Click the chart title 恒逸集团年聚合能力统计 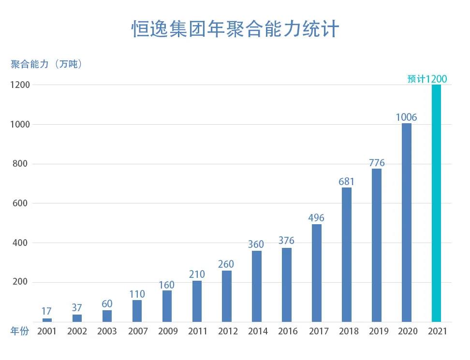(235, 29)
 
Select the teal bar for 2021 (436, 203)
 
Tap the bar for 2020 (406, 222)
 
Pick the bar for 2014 (257, 286)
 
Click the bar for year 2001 (47, 320)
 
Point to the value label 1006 (406, 117)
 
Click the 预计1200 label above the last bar (427, 79)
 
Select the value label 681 (346, 182)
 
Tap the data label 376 (286, 241)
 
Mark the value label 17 (46, 311)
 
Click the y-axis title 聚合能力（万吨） (47, 64)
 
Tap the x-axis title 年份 (20, 331)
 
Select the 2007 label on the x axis (137, 331)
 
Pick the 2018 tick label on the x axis (346, 331)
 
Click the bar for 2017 (316, 273)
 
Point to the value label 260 (226, 264)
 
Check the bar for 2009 (167, 306)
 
